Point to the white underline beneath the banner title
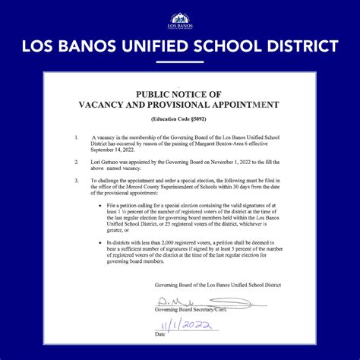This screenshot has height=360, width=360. tap(179, 62)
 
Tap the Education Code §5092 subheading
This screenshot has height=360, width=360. tap(179, 120)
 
